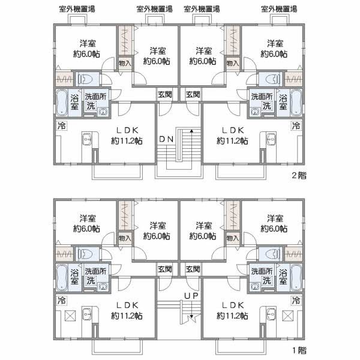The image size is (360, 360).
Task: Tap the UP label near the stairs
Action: click(191, 296)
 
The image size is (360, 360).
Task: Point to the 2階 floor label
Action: click(298, 175)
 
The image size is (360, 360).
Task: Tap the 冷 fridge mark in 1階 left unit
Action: click(61, 299)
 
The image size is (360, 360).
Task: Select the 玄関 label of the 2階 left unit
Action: click(165, 94)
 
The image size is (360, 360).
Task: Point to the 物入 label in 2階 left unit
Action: click(125, 62)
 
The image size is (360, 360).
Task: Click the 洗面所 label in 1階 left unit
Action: click(94, 271)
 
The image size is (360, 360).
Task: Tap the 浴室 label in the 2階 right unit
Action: click(284, 101)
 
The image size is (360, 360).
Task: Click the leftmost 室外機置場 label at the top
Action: click(80, 8)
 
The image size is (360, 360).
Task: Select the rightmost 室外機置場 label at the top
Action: click(280, 8)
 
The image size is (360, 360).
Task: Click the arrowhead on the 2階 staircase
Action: click(191, 131)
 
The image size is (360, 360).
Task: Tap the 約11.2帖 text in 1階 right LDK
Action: click(233, 315)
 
